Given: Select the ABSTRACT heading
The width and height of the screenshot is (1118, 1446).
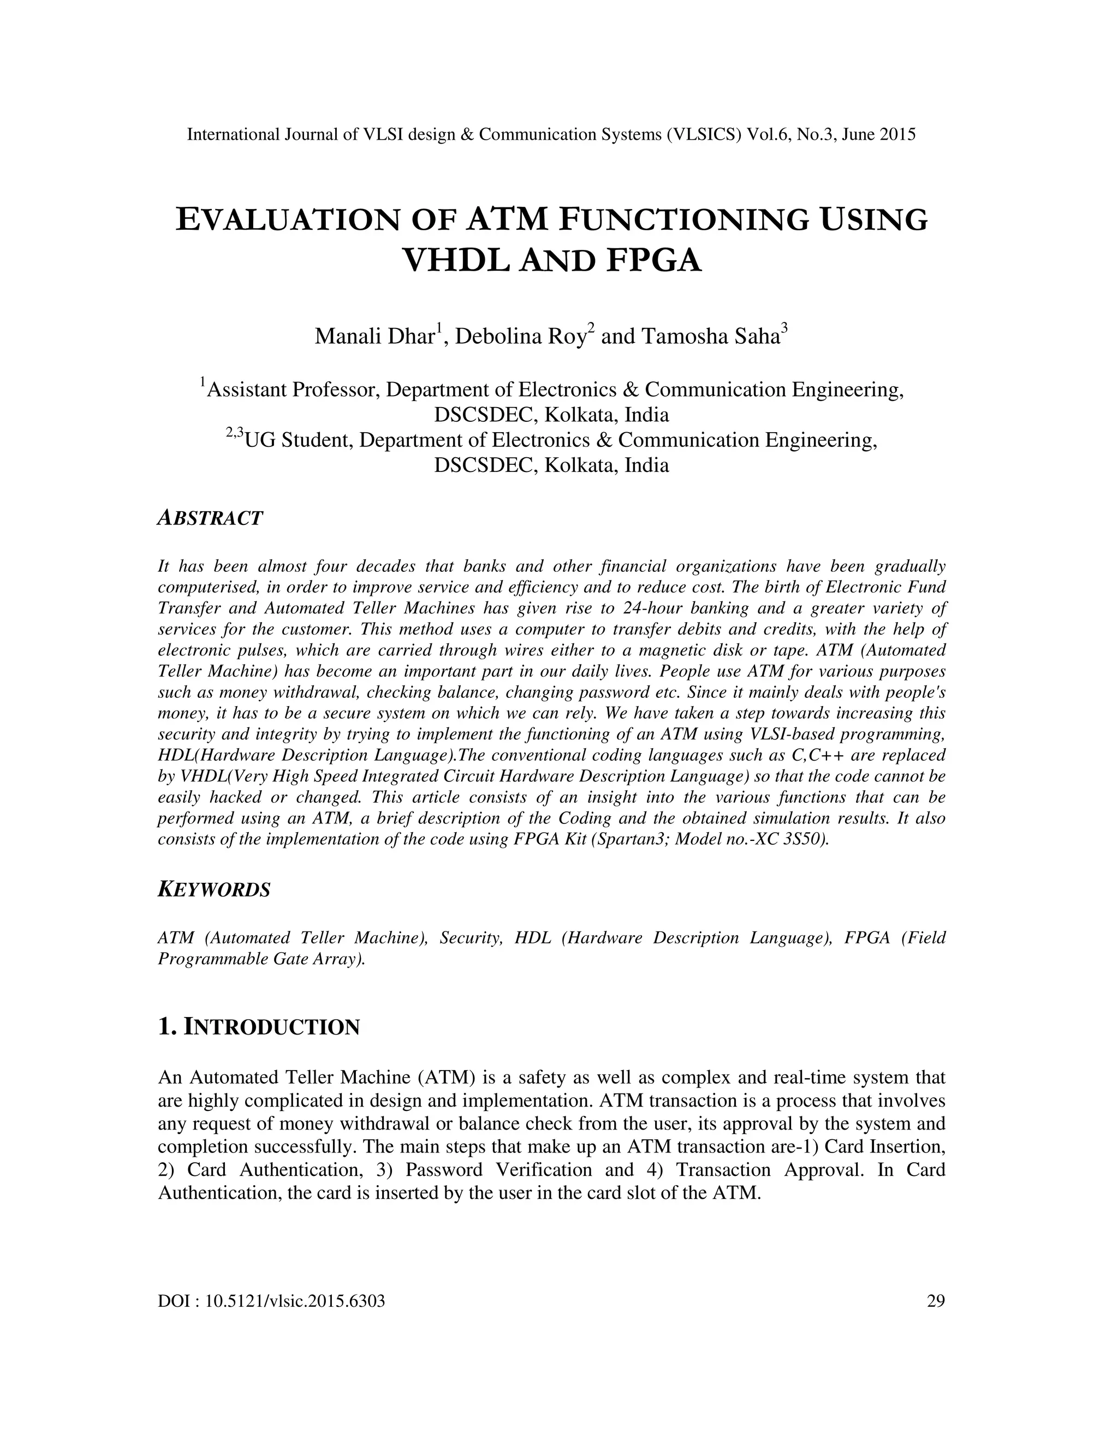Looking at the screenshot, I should (x=210, y=518).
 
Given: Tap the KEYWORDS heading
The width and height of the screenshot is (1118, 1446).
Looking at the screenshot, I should (x=214, y=890).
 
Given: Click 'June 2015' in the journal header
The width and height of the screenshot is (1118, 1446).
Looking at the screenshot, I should (x=878, y=135).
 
